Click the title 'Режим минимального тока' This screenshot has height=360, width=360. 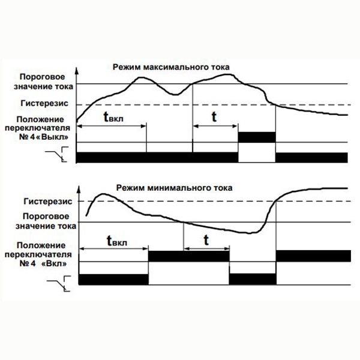174,187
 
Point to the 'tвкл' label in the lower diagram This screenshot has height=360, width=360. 116,241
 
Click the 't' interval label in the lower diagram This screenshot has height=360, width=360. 206,239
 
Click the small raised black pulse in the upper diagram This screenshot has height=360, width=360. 257,137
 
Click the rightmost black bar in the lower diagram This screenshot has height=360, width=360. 311,255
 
